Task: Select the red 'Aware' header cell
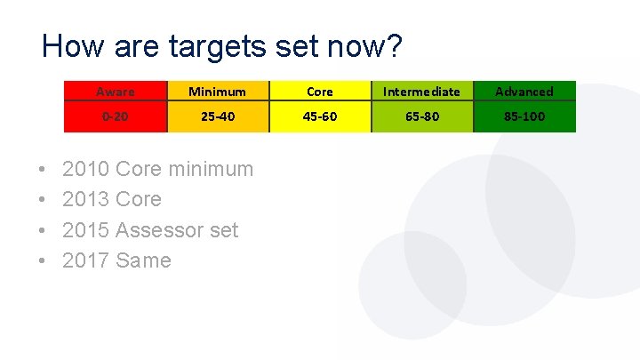coord(116,92)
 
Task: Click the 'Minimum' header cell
coord(218,92)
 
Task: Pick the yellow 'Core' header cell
coord(320,92)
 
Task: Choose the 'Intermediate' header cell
coord(421,92)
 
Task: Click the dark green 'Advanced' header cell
coord(524,92)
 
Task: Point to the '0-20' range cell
coord(116,116)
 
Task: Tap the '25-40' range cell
coord(218,116)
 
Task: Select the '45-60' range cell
coord(320,116)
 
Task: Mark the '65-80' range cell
coord(421,116)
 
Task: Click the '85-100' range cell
coord(524,116)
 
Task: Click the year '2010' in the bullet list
coord(86,169)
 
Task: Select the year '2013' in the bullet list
coord(86,199)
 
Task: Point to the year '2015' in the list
coord(86,230)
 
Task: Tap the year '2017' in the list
coord(86,260)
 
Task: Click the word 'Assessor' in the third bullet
coord(160,230)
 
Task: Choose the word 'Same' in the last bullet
coord(143,260)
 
